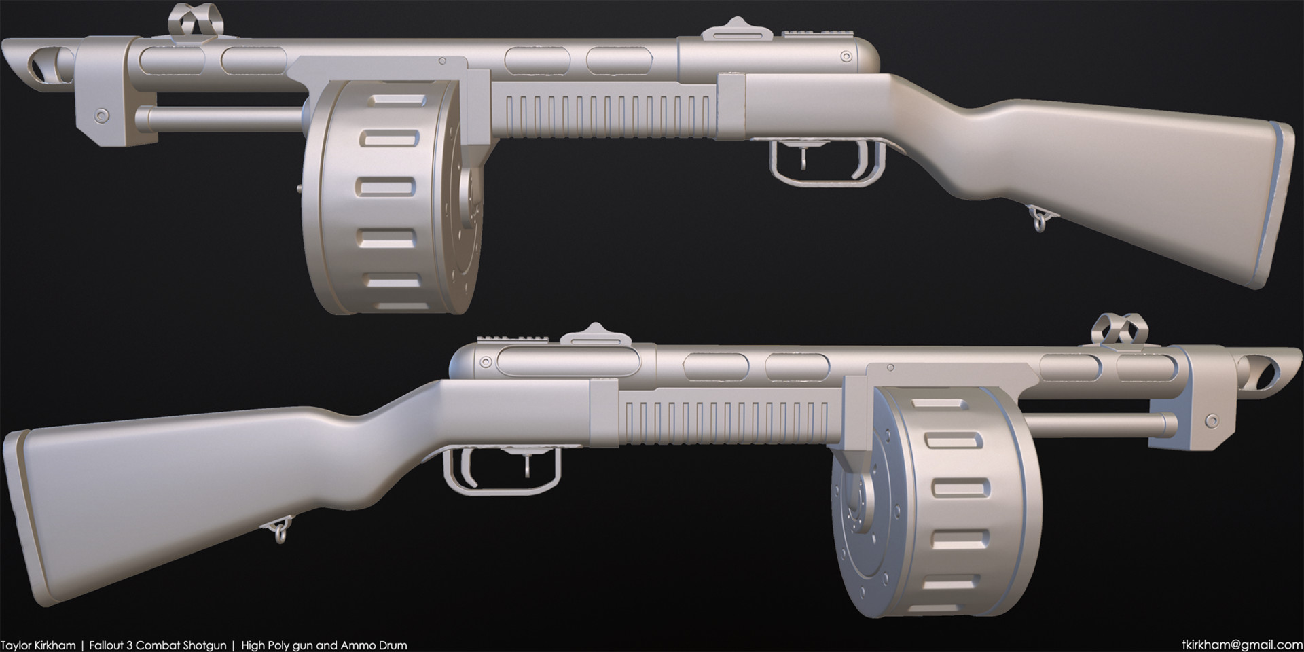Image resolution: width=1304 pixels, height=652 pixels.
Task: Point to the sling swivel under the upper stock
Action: (x=1038, y=220)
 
